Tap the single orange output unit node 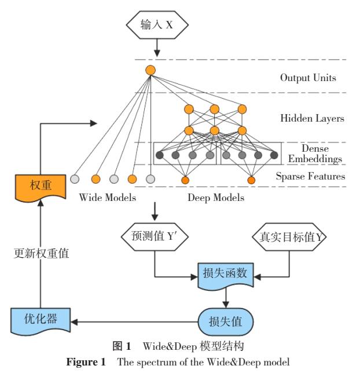coord(150,71)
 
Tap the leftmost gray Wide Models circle coord(74,178)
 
